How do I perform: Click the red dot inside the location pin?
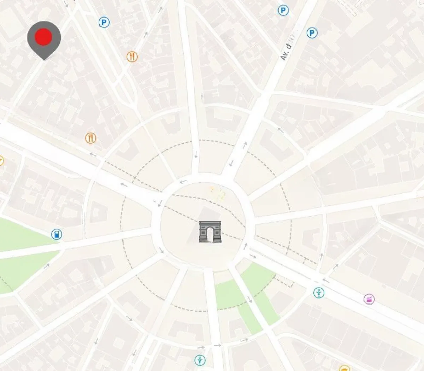pyautogui.click(x=44, y=36)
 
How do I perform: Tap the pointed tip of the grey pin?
pyautogui.click(x=44, y=59)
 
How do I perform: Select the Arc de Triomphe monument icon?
pyautogui.click(x=210, y=232)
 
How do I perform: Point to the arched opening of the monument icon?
pyautogui.click(x=210, y=235)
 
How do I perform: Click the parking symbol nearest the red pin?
pyautogui.click(x=104, y=23)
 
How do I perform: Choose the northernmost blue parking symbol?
pyautogui.click(x=283, y=10)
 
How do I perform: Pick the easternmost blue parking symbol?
pyautogui.click(x=312, y=33)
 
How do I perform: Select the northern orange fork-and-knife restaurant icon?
pyautogui.click(x=132, y=57)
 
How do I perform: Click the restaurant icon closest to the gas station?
pyautogui.click(x=91, y=138)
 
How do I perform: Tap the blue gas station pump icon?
pyautogui.click(x=57, y=234)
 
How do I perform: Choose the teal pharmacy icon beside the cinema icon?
pyautogui.click(x=319, y=293)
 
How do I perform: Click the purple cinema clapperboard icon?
pyautogui.click(x=369, y=299)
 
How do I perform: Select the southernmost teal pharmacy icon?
pyautogui.click(x=200, y=360)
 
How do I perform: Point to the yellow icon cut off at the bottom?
pyautogui.click(x=344, y=368)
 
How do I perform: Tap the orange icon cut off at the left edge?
pyautogui.click(x=1, y=161)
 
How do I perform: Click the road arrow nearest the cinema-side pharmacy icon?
pyautogui.click(x=325, y=281)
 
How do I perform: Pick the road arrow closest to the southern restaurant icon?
pyautogui.click(x=93, y=154)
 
